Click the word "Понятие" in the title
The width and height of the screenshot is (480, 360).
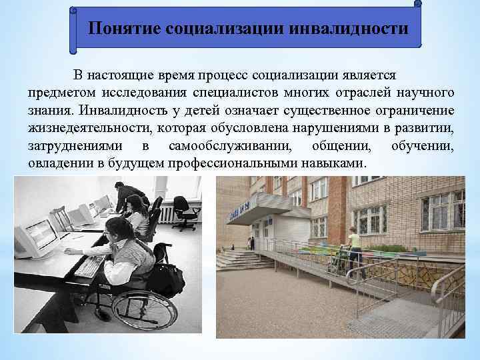pyautogui.click(x=125, y=29)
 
